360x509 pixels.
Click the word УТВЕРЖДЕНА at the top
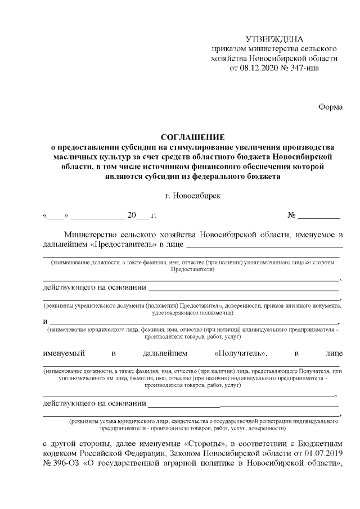click(274, 39)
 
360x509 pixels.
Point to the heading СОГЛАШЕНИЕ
click(192, 137)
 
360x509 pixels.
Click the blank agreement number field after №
click(319, 216)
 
